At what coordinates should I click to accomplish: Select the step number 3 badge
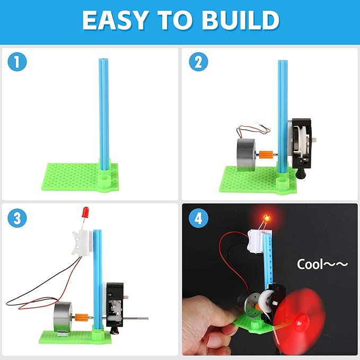[x=18, y=218]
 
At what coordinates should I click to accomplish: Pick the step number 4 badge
[x=198, y=218]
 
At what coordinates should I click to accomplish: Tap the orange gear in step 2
[x=266, y=155]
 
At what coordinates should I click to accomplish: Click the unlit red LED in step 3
[x=83, y=214]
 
